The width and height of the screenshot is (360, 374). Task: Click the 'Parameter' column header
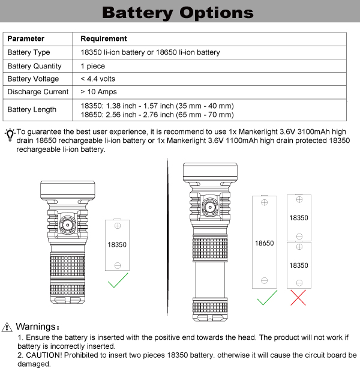26,39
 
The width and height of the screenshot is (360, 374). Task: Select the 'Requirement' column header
104,39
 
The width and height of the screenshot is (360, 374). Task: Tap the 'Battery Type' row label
29,53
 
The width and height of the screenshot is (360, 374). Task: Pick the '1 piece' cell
92,66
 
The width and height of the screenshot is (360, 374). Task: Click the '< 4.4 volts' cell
98,79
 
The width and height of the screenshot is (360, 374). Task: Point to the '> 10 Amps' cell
98,92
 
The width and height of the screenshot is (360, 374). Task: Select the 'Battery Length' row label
32,109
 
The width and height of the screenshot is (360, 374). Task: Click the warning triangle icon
7,327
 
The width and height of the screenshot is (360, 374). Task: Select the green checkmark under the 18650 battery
266,297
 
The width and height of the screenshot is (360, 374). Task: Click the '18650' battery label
264,243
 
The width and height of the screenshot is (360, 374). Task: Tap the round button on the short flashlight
68,226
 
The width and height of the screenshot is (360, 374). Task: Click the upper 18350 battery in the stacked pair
298,217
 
